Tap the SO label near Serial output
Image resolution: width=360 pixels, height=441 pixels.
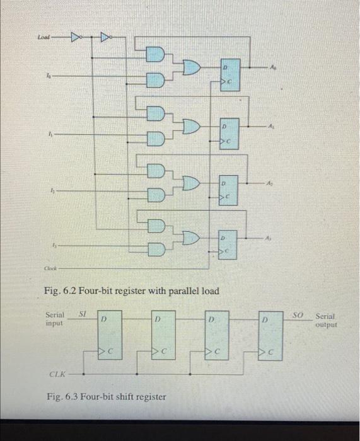click(x=298, y=313)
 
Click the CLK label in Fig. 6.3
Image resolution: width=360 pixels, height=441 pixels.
click(x=58, y=374)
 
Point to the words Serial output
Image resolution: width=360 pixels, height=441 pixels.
click(x=326, y=321)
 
